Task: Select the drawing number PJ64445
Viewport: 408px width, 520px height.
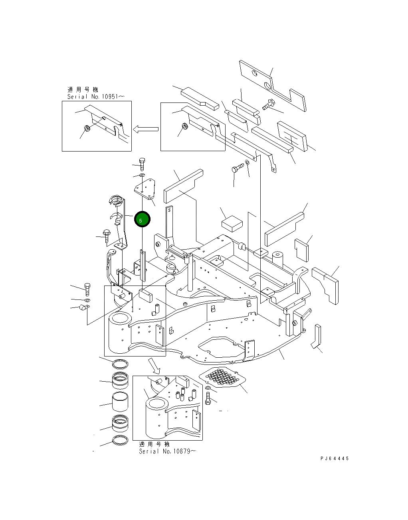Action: pos(334,459)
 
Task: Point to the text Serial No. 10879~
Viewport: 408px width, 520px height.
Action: pos(167,451)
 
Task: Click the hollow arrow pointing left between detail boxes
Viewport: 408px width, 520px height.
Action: pos(146,129)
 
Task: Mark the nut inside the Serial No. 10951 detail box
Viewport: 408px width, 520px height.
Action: pos(86,128)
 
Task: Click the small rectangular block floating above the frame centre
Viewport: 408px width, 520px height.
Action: pos(231,223)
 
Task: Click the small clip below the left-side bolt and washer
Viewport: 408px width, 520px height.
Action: pos(83,307)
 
